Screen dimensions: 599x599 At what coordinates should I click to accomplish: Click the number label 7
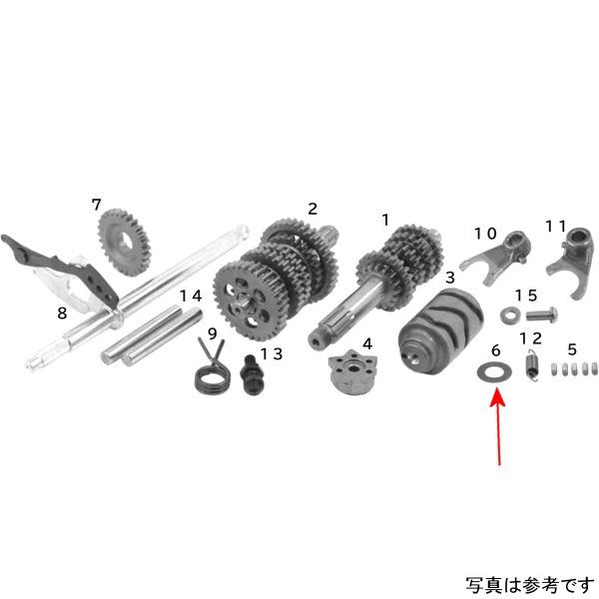coord(97,205)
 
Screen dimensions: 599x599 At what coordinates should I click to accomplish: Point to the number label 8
coord(61,312)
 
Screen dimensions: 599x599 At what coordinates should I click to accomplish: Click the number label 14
coord(190,296)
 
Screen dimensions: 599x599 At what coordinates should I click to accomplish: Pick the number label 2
coord(312,209)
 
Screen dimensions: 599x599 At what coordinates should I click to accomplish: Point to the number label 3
coord(450,276)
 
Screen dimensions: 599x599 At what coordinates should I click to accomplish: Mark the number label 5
coord(572,349)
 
